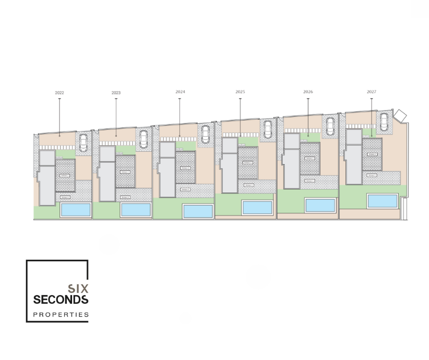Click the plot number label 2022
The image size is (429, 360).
click(59, 93)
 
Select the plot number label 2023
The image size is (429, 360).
click(116, 93)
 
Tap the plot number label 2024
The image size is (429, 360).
click(180, 92)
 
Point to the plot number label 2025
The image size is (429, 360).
click(240, 92)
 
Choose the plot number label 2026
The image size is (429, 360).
click(308, 92)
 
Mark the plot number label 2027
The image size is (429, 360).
click(371, 92)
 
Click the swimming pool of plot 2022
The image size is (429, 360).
click(76, 210)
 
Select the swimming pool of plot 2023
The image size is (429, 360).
click(136, 210)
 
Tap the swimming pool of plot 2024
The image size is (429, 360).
click(198, 211)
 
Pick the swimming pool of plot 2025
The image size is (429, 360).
click(257, 207)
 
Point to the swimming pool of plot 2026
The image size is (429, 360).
click(320, 205)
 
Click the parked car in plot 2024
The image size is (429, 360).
click(206, 133)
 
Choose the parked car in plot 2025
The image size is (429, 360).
click(268, 129)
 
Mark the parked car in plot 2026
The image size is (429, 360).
click(330, 126)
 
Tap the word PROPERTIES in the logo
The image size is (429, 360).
click(61, 314)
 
